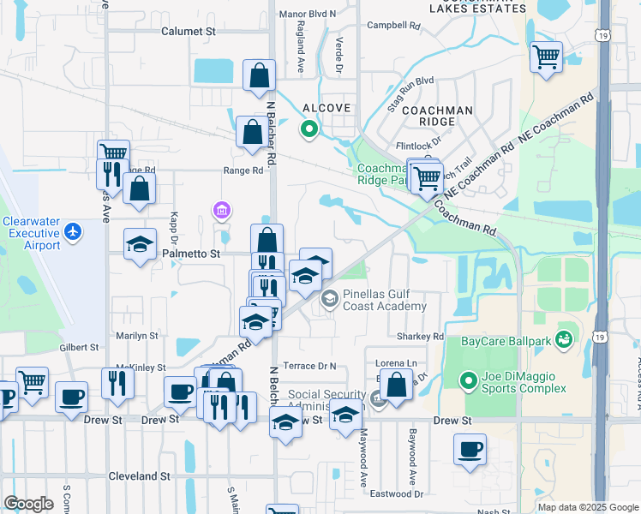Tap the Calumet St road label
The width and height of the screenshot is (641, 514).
pyautogui.click(x=188, y=31)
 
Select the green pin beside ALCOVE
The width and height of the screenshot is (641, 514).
pyautogui.click(x=309, y=129)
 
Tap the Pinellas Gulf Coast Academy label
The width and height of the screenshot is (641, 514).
pyautogui.click(x=384, y=300)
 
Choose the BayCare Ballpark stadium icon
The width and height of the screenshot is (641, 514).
pyautogui.click(x=563, y=341)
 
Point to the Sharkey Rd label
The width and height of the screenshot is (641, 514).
pyautogui.click(x=420, y=337)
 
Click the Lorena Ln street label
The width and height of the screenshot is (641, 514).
pyautogui.click(x=399, y=363)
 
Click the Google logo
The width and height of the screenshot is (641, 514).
pyautogui.click(x=28, y=504)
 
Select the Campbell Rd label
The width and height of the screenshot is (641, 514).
pyautogui.click(x=393, y=26)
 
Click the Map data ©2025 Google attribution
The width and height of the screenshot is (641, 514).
pyautogui.click(x=587, y=507)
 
